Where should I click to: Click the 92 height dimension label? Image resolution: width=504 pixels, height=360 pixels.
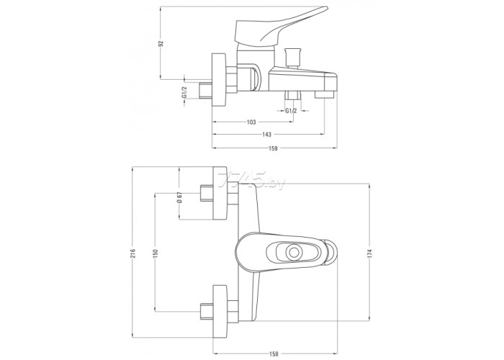coord(162,43)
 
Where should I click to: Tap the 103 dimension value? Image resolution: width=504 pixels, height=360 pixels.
coord(251,122)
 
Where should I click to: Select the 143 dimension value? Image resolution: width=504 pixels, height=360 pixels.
coord(266,135)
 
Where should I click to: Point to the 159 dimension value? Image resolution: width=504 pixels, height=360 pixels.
coord(273,148)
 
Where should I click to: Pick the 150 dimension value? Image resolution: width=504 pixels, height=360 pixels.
coord(156,253)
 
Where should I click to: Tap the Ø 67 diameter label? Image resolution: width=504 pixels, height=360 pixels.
coord(180,197)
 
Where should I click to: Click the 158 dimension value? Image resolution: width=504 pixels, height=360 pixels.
coord(274,354)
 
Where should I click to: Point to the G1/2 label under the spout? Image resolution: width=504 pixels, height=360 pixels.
coord(291,111)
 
